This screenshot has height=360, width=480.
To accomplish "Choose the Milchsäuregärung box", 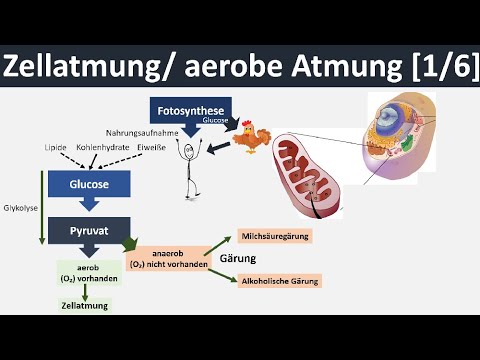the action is tap(276, 236).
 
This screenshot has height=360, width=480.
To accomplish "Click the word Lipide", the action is tap(55, 147).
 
